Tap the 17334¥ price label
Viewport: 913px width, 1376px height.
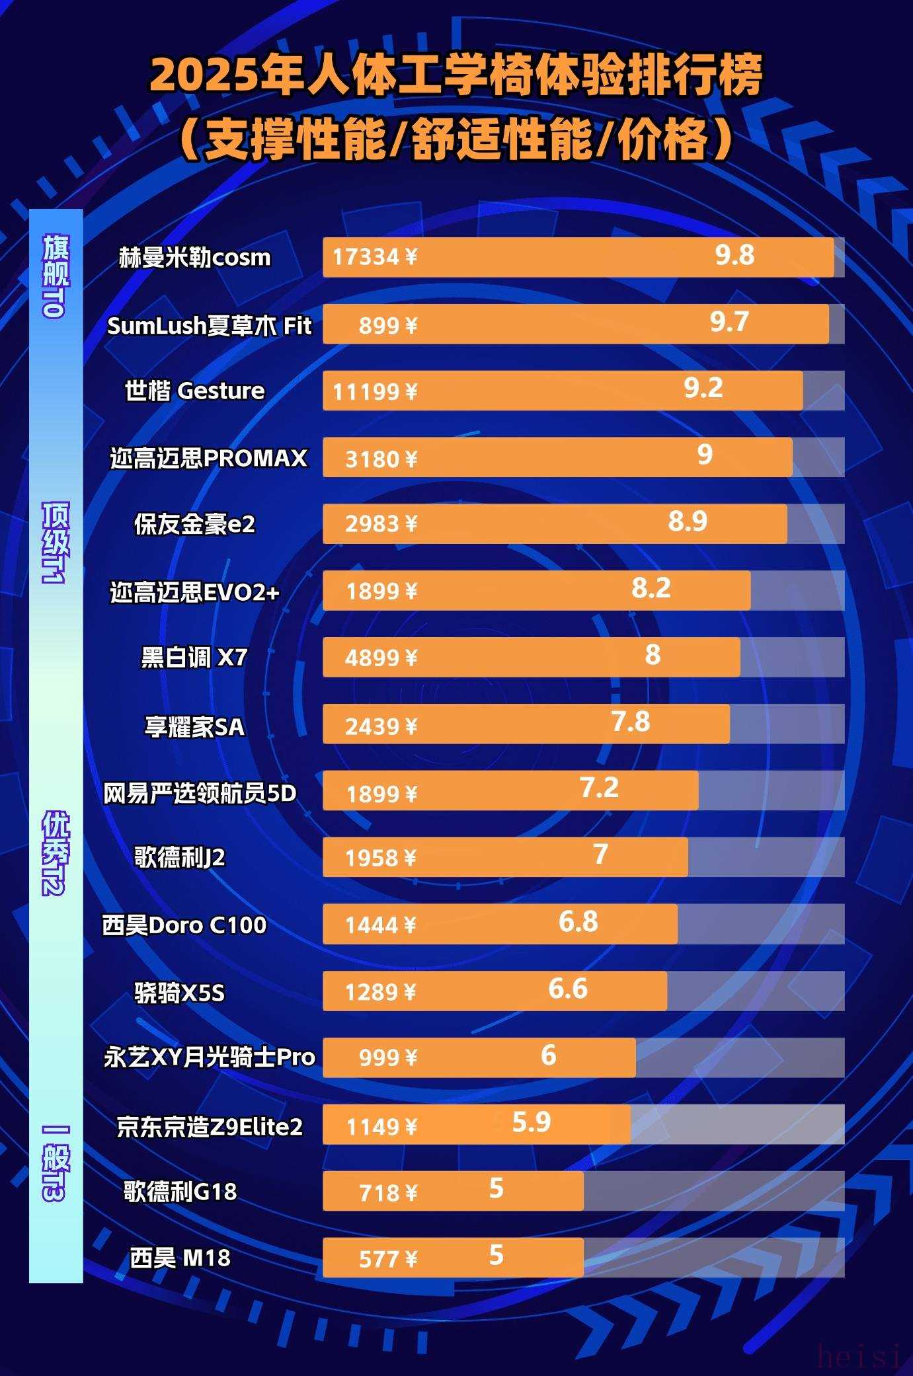point(375,257)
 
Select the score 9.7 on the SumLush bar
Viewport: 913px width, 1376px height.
point(729,322)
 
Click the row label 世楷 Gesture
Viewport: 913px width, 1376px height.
point(195,391)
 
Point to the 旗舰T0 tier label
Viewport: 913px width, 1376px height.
point(55,276)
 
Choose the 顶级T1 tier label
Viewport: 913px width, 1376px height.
point(55,542)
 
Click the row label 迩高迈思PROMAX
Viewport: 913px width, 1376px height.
point(208,458)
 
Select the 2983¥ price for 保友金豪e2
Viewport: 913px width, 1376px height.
point(381,524)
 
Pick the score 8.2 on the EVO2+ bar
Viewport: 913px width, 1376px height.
point(651,588)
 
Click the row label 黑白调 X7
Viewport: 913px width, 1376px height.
point(194,658)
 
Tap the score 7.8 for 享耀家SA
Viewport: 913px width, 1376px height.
point(631,721)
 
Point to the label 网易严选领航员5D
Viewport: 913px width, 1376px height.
point(200,793)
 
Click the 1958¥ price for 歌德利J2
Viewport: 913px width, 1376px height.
point(381,858)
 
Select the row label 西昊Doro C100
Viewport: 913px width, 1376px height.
point(184,925)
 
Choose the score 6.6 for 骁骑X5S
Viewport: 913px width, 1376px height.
point(568,989)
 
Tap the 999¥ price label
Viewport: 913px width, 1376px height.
point(388,1058)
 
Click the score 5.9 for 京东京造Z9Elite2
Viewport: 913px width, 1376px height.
point(532,1122)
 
